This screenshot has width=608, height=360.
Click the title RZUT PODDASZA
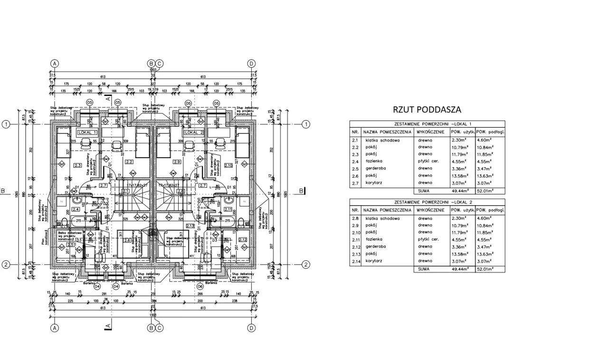pos(427,109)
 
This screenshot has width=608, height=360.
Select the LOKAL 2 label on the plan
pos(195,133)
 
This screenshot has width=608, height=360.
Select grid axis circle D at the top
pos(252,63)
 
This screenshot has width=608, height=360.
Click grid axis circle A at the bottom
pos(55,328)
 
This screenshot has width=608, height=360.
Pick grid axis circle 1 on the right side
pos(306,124)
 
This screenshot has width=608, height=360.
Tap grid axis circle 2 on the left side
pos(6,265)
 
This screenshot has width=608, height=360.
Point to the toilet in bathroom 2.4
pos(65,221)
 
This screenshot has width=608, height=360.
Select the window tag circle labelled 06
pos(199,286)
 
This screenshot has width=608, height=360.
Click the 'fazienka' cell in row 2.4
pos(375,161)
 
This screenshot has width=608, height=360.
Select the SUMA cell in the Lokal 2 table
pos(424,269)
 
